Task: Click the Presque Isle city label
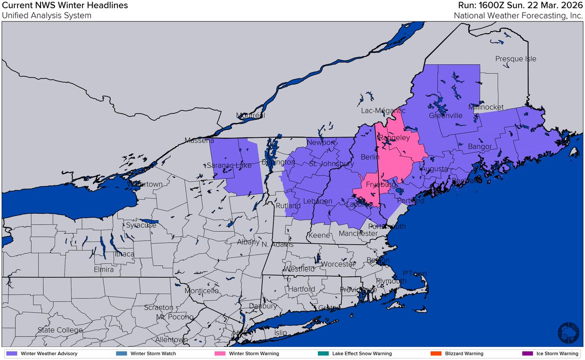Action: pyautogui.click(x=515, y=59)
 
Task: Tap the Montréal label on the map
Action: pyautogui.click(x=250, y=116)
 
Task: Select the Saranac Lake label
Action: pyautogui.click(x=229, y=166)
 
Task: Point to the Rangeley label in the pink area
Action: pyautogui.click(x=394, y=138)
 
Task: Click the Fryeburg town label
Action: pyautogui.click(x=379, y=185)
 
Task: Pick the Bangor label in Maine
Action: pyautogui.click(x=476, y=146)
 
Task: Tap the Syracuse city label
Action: pyautogui.click(x=141, y=226)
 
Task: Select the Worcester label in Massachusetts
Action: pyautogui.click(x=338, y=264)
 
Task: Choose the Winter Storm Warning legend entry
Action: pyautogui.click(x=242, y=353)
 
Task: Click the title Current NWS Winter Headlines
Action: pyautogui.click(x=65, y=6)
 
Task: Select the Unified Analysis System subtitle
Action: pyautogui.click(x=46, y=15)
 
